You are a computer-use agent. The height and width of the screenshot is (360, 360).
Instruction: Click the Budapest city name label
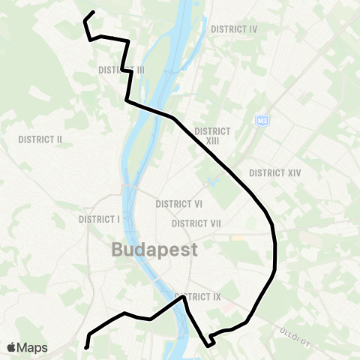tap(155, 250)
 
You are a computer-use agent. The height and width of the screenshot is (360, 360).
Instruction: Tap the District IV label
tap(234, 29)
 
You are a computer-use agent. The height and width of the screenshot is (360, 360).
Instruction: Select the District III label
tap(121, 70)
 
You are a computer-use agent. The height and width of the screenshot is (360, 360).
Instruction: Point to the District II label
tap(40, 139)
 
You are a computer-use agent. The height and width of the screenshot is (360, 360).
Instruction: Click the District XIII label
tap(211, 135)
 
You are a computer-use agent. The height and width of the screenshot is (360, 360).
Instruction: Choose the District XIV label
tap(275, 172)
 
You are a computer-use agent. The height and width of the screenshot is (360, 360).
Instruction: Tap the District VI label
tap(179, 204)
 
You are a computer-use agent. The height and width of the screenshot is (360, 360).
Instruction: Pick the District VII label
tap(196, 223)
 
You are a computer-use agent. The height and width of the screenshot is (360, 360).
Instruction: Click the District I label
tap(99, 219)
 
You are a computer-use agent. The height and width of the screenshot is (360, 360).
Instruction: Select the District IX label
tap(197, 297)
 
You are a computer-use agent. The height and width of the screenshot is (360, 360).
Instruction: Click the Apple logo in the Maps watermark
tap(11, 347)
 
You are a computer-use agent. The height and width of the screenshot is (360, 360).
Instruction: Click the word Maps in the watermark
tap(32, 347)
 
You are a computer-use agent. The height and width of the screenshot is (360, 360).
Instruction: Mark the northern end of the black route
tap(92, 11)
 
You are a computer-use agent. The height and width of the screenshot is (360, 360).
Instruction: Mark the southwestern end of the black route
tap(86, 347)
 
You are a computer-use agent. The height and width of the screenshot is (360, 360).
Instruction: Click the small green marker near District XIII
tap(205, 184)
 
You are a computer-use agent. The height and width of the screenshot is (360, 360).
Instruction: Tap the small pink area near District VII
tap(238, 238)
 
